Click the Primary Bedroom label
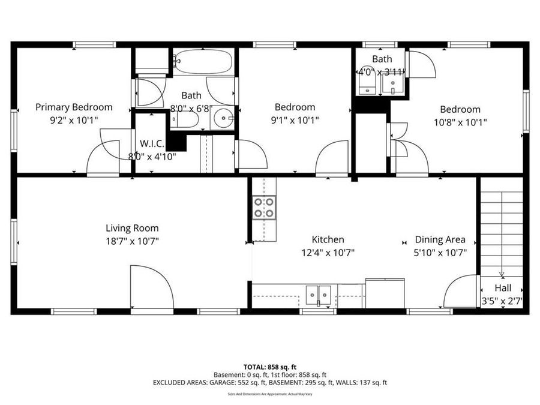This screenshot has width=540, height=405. pos(74,107)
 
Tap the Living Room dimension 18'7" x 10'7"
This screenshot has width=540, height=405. pos(132,241)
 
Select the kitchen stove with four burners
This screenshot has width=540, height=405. pos(264,207)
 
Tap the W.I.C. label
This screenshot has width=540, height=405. pos(149,144)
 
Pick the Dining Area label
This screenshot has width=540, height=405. pos(440,239)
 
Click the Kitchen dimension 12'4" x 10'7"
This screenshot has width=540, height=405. pos(328,253)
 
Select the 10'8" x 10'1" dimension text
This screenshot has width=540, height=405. pos(460,122)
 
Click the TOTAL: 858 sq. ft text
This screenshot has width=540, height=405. pos(269,367)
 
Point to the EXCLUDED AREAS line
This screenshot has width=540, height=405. pos(269,382)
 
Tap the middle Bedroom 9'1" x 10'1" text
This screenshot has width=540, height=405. pos(295,119)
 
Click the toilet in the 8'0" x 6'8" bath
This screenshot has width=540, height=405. pos(186,121)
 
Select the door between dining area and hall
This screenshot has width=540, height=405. pos(461,292)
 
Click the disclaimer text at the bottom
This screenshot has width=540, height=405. pos(269,394)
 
